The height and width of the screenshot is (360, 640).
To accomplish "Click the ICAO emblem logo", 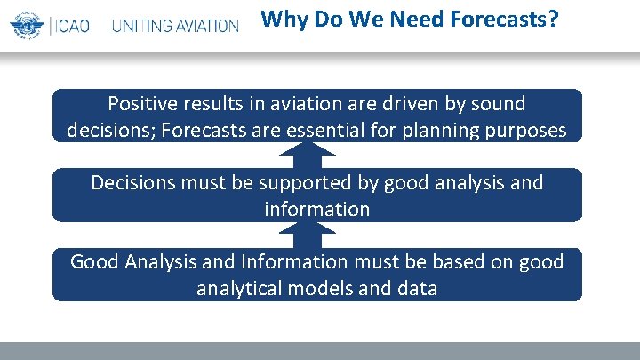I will pyautogui.click(x=26, y=25).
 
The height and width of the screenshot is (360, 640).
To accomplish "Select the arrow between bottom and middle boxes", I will pyautogui.click(x=316, y=235).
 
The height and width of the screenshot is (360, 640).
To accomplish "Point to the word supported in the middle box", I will pyautogui.click(x=298, y=184).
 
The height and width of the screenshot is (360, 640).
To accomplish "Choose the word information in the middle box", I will pyautogui.click(x=316, y=209).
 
